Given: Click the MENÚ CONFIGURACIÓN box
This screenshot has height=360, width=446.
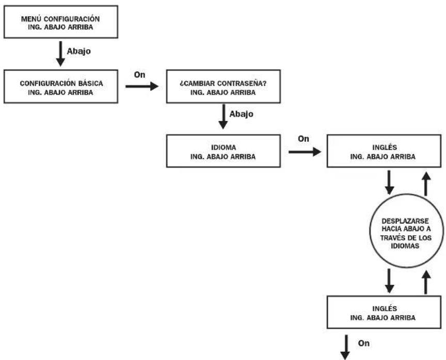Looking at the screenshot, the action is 61,22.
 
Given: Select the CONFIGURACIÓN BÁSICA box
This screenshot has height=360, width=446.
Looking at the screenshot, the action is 61,86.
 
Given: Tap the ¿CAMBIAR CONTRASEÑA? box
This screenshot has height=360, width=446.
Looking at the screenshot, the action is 224,86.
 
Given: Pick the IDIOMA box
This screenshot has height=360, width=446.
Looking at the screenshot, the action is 224,151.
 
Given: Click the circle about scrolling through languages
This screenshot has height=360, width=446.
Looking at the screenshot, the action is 406,231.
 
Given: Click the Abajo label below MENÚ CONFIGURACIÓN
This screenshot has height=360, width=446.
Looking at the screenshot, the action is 79,52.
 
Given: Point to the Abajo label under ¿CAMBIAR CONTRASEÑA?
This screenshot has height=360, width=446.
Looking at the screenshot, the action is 241,114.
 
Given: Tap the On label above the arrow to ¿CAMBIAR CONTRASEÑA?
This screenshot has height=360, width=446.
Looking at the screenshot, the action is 140,75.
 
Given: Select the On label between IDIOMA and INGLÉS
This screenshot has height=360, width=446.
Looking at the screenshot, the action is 304,139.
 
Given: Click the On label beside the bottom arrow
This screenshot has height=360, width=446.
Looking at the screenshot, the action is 364,343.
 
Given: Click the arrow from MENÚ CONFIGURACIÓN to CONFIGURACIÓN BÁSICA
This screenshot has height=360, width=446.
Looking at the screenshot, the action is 60,54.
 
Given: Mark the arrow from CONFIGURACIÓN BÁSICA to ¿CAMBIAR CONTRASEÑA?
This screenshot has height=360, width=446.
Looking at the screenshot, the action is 142,86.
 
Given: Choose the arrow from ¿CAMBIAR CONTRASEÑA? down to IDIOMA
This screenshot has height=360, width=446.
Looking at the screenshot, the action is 223,117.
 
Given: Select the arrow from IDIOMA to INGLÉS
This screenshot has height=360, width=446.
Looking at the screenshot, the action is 305,152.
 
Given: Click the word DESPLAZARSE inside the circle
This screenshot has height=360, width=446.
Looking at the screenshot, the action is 405,221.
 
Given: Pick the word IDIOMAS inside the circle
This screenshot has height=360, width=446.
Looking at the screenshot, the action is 405,246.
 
